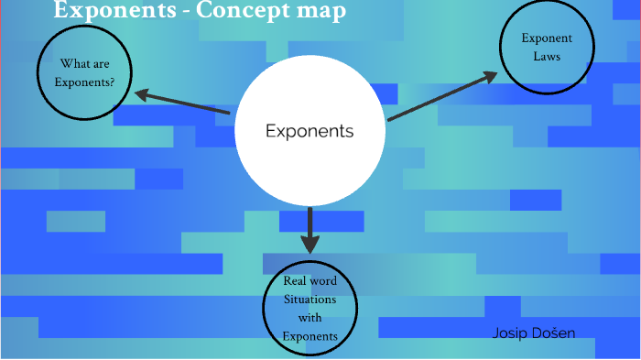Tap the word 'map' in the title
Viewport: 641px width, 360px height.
coord(323,12)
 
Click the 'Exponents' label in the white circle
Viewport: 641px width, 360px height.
coord(309,131)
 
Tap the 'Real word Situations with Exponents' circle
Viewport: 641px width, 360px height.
coord(310,310)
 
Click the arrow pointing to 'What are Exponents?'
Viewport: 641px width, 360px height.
coord(183,103)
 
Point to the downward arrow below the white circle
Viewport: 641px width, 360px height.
coord(310,229)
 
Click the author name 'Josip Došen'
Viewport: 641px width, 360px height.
coord(534,332)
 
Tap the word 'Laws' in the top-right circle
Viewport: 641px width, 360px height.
coord(547,57)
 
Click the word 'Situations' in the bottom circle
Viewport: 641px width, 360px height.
coord(310,300)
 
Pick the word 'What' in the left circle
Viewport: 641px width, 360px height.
coord(73,64)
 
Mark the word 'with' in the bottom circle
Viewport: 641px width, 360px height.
coord(310,318)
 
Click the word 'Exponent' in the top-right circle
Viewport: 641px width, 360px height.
coord(547,38)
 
